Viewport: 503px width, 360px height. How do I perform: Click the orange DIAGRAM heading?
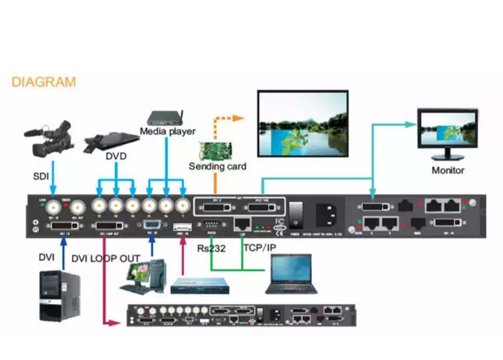43,82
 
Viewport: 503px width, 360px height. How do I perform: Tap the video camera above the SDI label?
49,138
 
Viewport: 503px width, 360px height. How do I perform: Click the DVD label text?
116,155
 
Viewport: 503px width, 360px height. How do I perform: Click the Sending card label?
217,166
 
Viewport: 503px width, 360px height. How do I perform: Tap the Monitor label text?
447,170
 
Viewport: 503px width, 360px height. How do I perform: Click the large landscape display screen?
303,124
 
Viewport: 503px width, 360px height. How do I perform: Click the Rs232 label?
212,248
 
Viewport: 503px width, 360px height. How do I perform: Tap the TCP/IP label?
259,248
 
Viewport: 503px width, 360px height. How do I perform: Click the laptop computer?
291,273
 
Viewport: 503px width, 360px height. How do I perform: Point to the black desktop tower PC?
59,296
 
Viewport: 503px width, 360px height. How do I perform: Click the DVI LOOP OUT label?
106,258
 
